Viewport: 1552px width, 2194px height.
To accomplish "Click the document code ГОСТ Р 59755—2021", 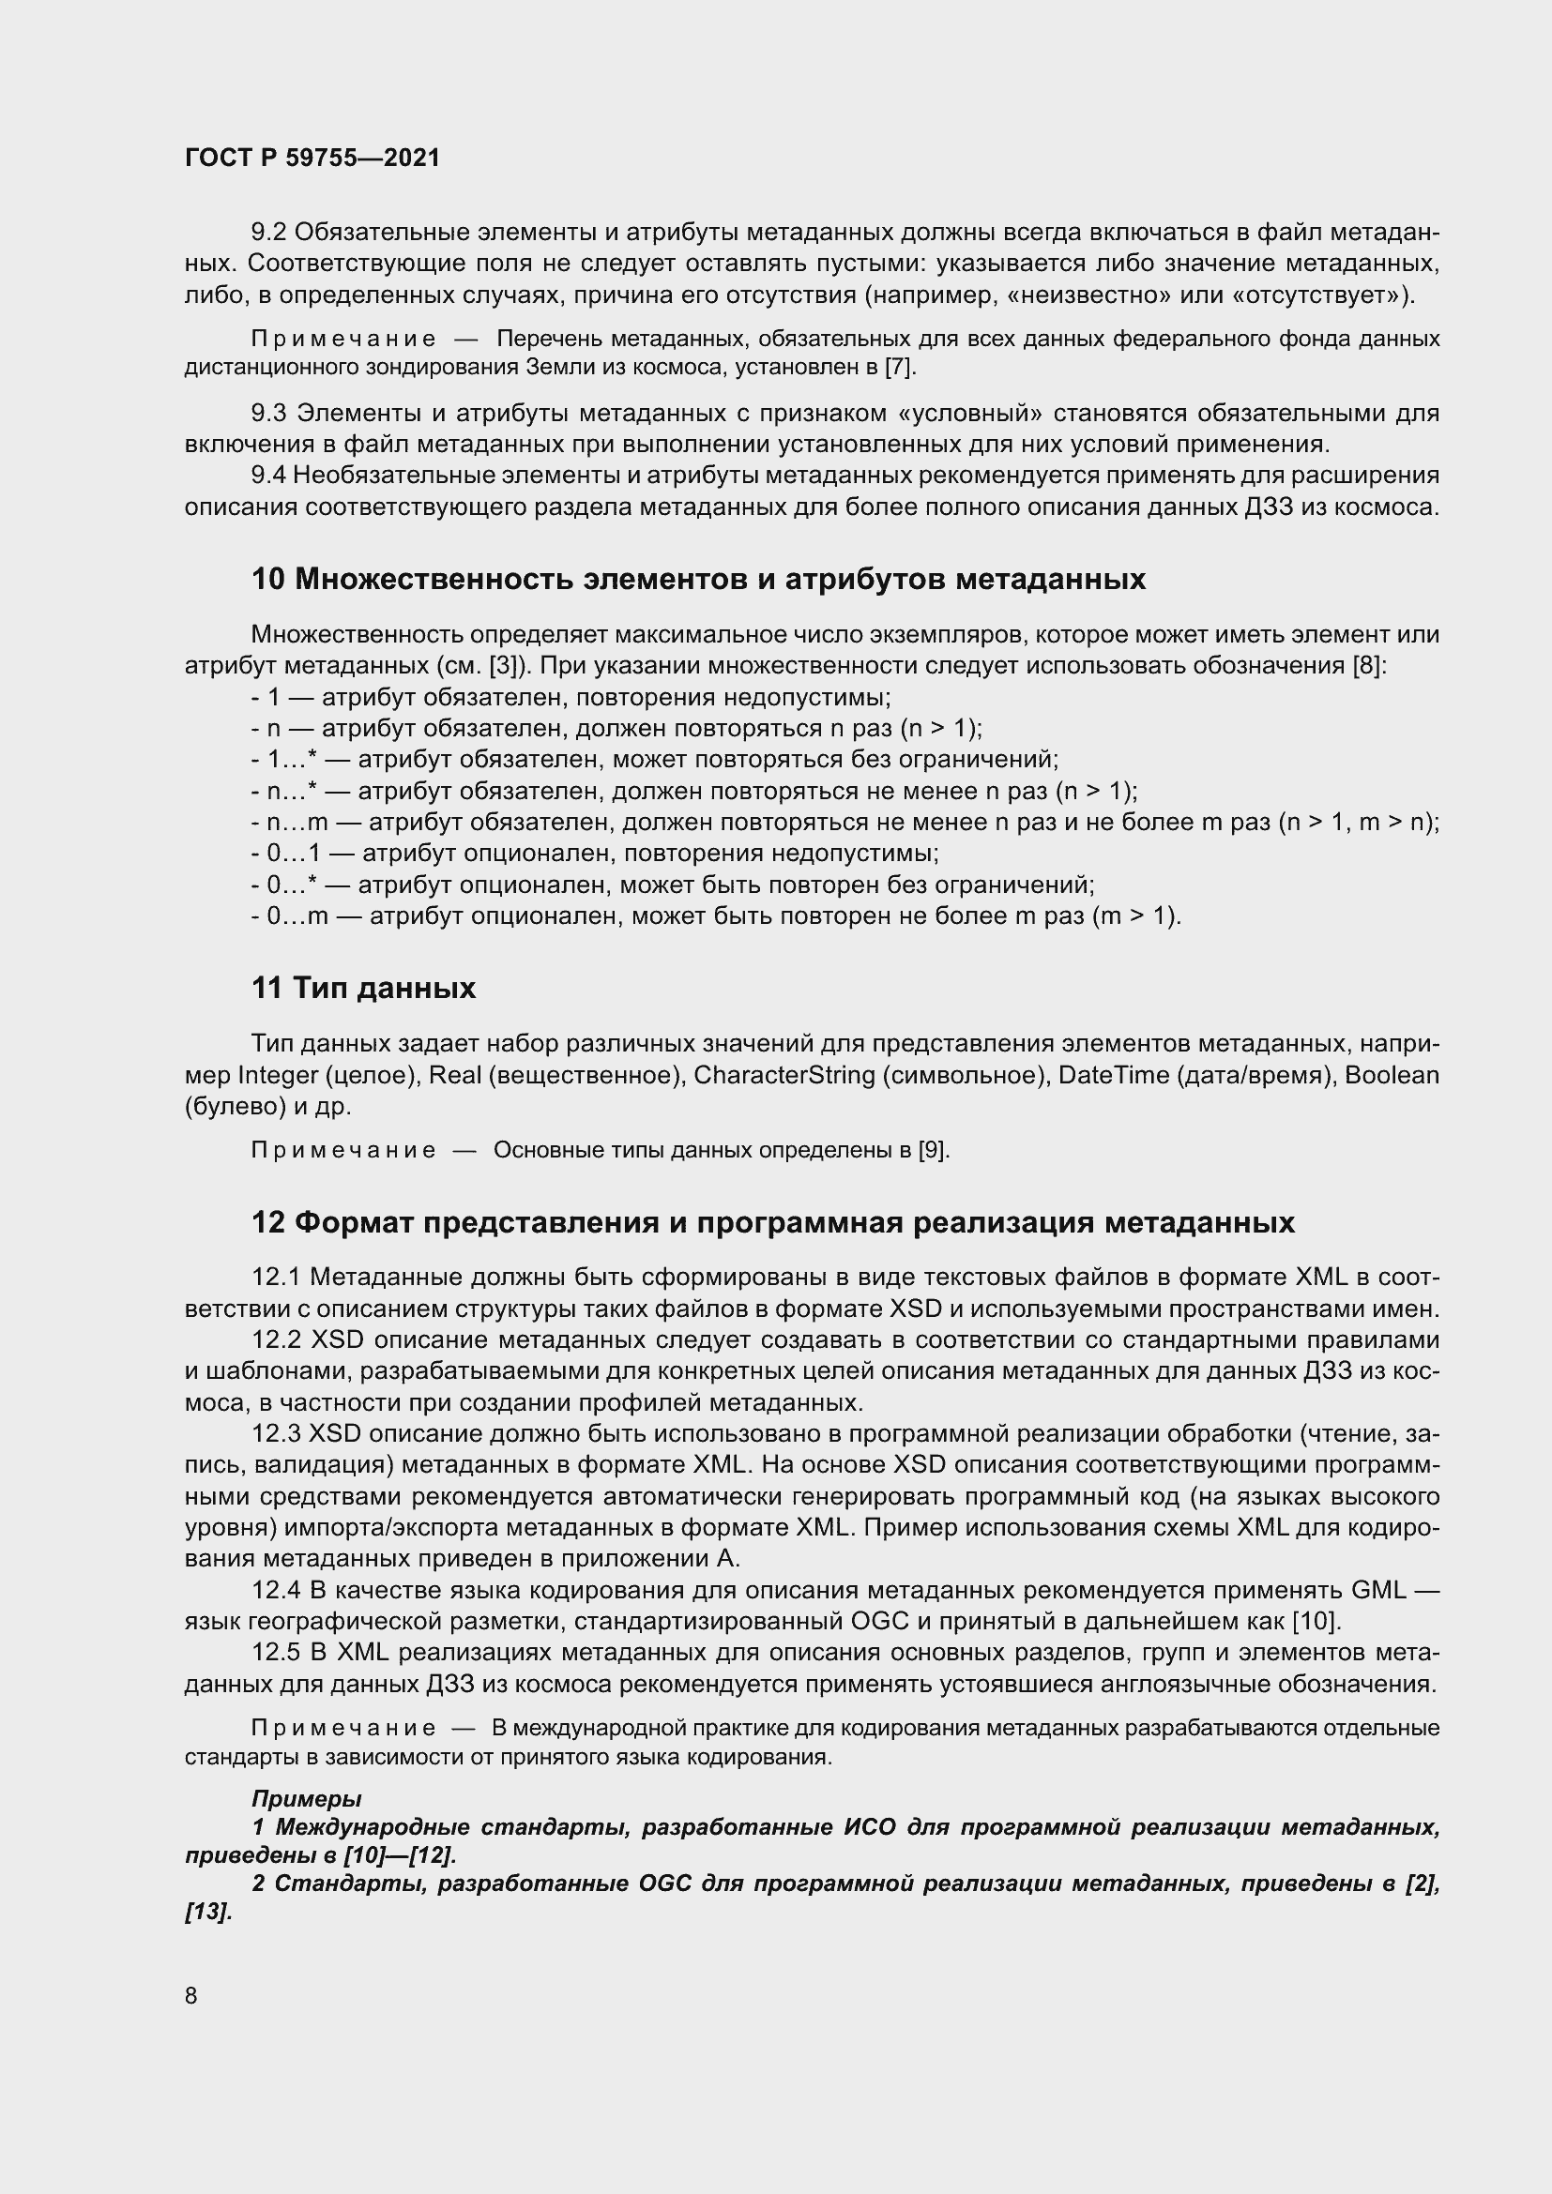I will click(x=312, y=158).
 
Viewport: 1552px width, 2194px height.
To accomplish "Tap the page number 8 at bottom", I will click(x=191, y=1995).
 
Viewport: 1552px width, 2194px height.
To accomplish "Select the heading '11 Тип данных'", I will click(x=363, y=988).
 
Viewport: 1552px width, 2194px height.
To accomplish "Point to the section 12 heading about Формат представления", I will click(x=772, y=1222).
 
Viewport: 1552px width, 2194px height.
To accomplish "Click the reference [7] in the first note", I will click(x=899, y=367).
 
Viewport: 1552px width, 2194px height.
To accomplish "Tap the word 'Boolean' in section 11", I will click(x=1392, y=1076).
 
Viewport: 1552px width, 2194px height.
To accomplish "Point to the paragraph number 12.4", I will click(x=276, y=1590).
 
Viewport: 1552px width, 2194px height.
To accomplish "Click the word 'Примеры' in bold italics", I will click(x=306, y=1799).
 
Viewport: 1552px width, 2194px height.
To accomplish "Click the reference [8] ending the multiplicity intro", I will click(x=1367, y=666).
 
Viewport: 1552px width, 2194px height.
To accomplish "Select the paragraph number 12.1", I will click(x=276, y=1278).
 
